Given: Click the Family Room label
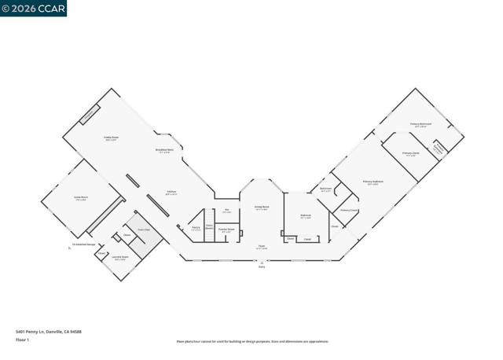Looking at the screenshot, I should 111,137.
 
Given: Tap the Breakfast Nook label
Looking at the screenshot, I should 164,151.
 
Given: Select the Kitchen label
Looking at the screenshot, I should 171,191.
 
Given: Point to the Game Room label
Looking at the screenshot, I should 80,199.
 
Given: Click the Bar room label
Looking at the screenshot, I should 227,211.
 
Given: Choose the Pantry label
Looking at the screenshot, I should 196,228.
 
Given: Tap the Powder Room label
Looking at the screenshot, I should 226,230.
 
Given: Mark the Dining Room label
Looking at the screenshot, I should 261,208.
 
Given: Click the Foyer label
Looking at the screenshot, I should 261,248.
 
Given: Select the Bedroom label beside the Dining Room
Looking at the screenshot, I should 306,216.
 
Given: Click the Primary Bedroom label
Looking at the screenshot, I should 373,183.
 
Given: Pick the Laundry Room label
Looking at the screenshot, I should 119,259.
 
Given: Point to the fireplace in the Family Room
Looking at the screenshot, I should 90,114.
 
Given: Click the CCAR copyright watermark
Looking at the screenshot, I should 33,9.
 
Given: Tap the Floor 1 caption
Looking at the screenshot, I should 23,341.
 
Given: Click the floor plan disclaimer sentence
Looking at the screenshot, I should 252,341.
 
